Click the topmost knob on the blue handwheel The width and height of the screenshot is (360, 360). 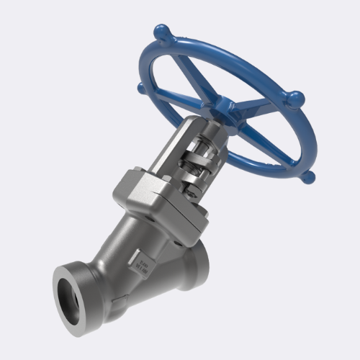163,32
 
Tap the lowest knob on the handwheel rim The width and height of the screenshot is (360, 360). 307,176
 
